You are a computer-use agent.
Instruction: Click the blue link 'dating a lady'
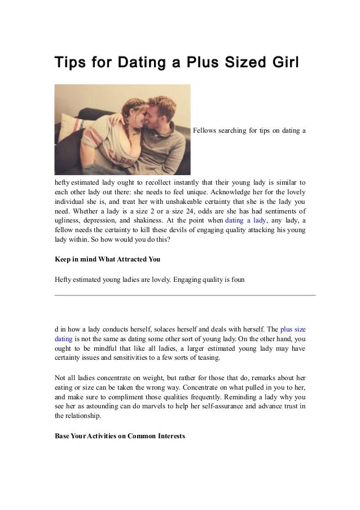click(x=245, y=221)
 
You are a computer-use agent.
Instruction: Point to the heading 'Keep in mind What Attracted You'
click(x=107, y=259)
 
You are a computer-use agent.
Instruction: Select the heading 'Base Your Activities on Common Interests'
click(x=120, y=436)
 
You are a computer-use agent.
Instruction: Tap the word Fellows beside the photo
click(x=205, y=131)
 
